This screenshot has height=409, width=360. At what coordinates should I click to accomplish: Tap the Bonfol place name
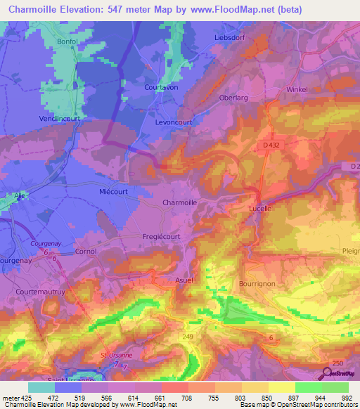(69, 42)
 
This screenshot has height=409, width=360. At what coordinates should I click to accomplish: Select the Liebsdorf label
(230, 37)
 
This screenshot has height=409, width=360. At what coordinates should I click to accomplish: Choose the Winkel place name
(298, 90)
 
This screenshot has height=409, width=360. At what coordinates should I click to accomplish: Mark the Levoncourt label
(173, 122)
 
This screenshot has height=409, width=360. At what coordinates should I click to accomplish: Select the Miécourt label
(112, 190)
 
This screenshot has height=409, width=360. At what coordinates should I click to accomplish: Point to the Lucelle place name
(260, 209)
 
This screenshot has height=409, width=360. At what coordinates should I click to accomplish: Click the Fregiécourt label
(161, 237)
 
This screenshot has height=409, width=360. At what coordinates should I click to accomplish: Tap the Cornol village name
(85, 251)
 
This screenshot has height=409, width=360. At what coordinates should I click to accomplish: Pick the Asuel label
(184, 280)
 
